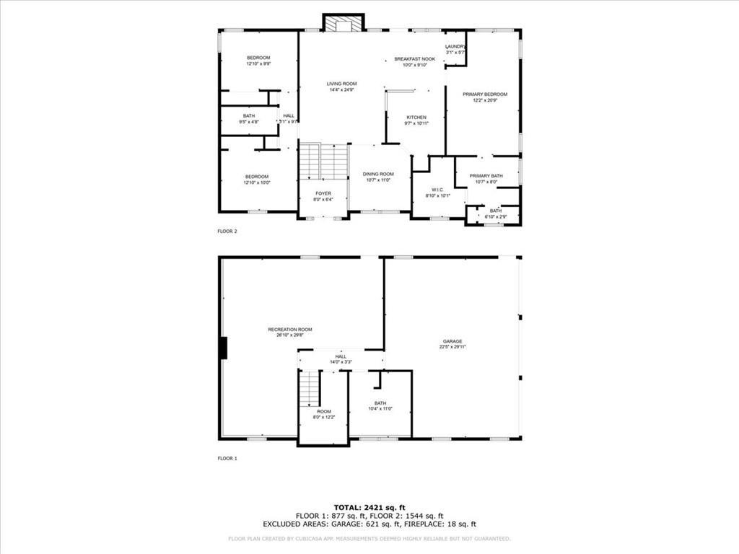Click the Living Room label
click(343, 84)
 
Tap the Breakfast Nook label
click(414, 59)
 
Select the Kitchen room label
click(416, 118)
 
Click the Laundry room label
click(455, 47)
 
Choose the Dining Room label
click(378, 174)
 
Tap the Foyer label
click(323, 193)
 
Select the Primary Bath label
click(486, 176)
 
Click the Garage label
click(452, 341)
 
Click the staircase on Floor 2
click(323, 161)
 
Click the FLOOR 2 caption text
click(227, 232)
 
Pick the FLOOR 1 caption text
click(227, 458)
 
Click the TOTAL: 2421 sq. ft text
click(369, 508)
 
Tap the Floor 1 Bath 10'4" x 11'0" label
click(380, 406)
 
